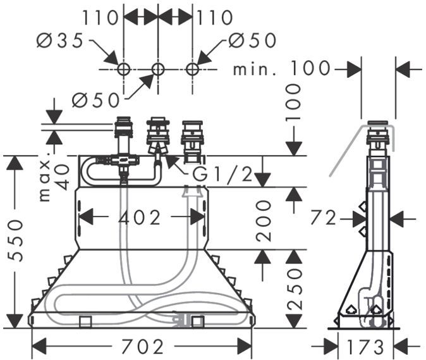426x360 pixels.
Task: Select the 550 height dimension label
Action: click(x=16, y=240)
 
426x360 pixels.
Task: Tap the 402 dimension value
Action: click(x=140, y=217)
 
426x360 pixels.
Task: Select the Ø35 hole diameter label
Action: click(x=60, y=41)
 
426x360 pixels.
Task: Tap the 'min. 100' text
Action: click(x=281, y=68)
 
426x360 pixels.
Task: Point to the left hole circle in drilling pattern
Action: click(x=124, y=68)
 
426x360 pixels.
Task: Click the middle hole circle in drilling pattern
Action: click(x=158, y=68)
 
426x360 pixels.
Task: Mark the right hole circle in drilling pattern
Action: click(x=192, y=68)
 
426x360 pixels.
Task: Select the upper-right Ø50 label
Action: click(x=252, y=41)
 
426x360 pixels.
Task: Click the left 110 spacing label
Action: click(x=101, y=17)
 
